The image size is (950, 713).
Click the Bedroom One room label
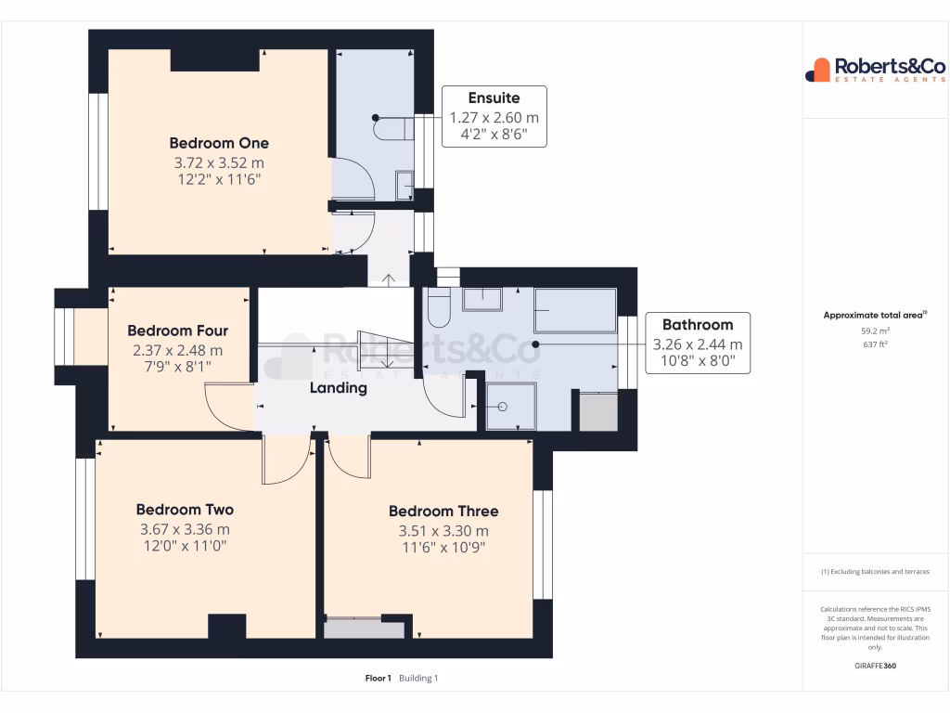coord(219,143)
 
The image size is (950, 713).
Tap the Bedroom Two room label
coord(185,510)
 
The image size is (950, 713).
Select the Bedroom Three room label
coord(443,512)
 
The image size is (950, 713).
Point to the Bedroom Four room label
coord(177,331)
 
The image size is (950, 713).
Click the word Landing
coord(339,388)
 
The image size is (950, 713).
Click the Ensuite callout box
coord(494,116)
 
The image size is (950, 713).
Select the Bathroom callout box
coord(697,343)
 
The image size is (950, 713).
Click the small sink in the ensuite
coord(404,186)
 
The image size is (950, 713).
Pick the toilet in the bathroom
coord(438,308)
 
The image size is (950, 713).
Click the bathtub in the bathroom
coord(575,310)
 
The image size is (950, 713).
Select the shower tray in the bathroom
coord(511,407)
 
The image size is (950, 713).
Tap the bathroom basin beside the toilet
coord(482,300)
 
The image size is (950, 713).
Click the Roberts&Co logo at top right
coord(875,70)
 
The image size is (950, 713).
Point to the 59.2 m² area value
coord(877,331)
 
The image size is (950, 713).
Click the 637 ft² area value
coord(877,344)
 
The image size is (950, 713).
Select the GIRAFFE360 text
coord(876,666)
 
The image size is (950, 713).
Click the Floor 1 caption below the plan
coord(379,679)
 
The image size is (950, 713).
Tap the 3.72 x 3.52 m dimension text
coord(219,162)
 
